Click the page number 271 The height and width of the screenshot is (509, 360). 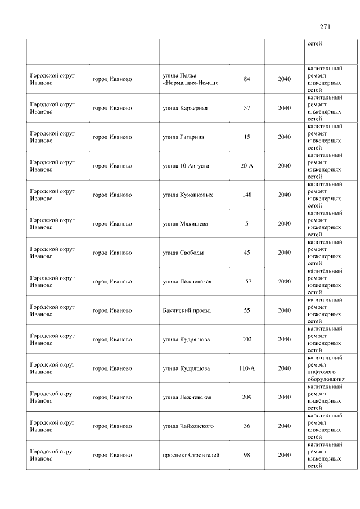click(325, 26)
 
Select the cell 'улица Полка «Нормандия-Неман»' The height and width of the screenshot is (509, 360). click(190, 79)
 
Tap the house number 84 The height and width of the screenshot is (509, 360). click(246, 79)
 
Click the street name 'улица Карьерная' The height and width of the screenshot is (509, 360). click(185, 108)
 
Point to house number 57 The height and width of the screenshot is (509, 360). click(246, 108)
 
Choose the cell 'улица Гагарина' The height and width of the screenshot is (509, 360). click(183, 137)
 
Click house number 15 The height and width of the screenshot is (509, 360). click(246, 137)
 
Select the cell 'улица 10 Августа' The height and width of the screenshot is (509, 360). click(186, 166)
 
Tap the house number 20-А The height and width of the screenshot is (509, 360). click(246, 166)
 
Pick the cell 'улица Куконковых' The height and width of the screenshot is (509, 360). click(188, 195)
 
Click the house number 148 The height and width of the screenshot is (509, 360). click(246, 195)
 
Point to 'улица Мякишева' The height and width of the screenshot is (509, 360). click(185, 224)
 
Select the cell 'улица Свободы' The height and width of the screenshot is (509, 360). click(183, 253)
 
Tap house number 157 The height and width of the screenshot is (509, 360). click(246, 281)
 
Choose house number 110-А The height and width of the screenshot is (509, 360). click(246, 368)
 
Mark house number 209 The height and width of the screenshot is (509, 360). click(246, 397)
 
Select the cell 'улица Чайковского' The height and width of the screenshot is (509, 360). click(188, 426)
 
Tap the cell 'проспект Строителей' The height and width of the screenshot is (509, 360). click(191, 455)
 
